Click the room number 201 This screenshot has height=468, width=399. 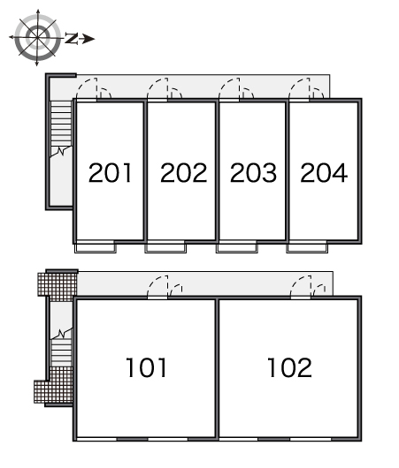tap(110, 172)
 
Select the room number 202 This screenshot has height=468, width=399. tap(184, 172)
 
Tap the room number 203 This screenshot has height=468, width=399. tap(253, 172)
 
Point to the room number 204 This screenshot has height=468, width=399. tap(324, 172)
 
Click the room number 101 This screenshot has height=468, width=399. tap(146, 367)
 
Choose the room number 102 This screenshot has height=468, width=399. tap(289, 367)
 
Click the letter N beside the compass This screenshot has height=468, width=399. tap(71, 38)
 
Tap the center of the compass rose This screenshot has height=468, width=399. tap(37, 37)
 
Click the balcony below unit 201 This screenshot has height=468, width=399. tap(96, 248)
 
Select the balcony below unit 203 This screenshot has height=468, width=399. tap(236, 248)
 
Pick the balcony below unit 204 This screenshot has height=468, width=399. tap(307, 248)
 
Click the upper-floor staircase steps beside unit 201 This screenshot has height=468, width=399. tap(61, 124)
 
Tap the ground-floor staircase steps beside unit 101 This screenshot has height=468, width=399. tap(61, 352)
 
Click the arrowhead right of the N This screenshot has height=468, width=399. tap(88, 39)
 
